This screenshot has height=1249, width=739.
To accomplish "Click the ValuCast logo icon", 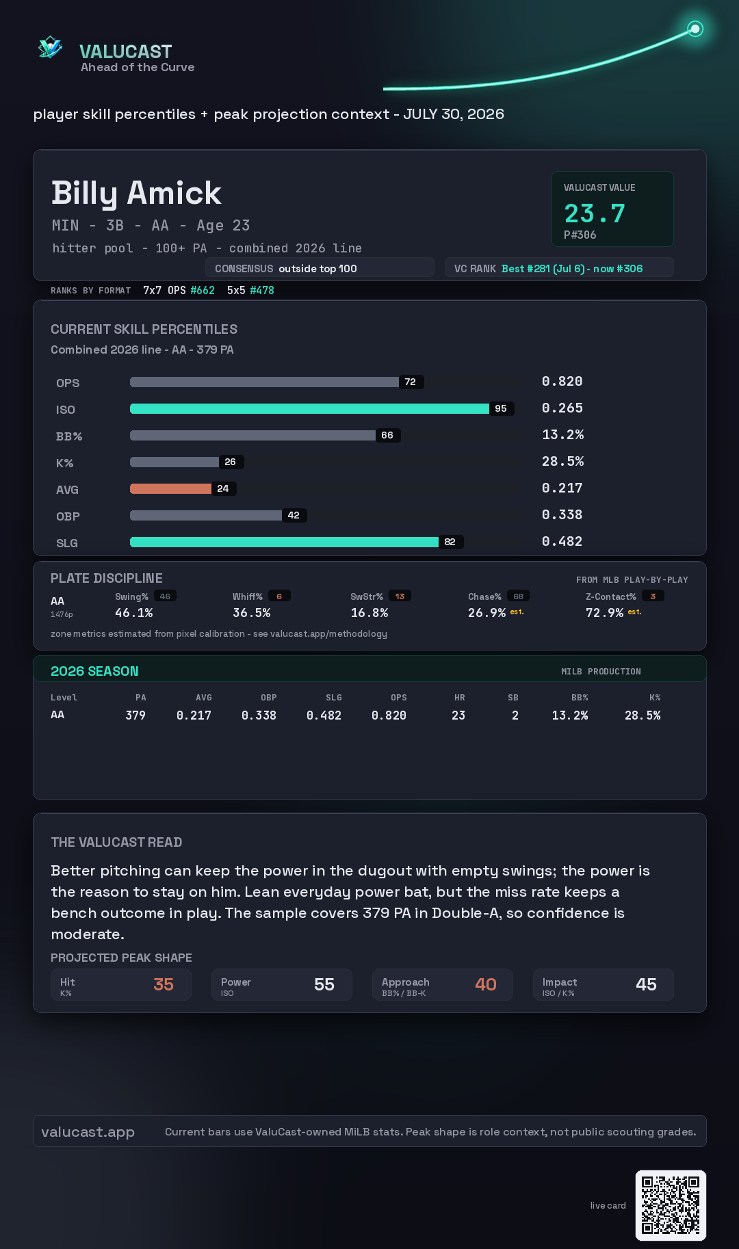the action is (50, 47).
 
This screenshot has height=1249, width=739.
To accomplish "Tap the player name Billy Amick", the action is (136, 193).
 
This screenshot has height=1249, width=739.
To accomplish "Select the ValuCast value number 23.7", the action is (595, 213).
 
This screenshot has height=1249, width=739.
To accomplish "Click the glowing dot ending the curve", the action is (695, 29).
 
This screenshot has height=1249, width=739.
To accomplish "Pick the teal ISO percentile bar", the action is (309, 408).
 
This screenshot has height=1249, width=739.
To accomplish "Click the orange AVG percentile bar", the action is (170, 488).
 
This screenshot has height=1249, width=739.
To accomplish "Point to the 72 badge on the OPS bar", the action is (411, 382).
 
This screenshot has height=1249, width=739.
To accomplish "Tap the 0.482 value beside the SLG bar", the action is (562, 541).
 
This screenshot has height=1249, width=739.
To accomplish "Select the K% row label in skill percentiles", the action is (64, 463).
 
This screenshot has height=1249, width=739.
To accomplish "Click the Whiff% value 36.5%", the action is (251, 613).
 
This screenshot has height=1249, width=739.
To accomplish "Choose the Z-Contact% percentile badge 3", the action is (653, 596).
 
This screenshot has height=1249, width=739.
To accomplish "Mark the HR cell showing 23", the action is (458, 715).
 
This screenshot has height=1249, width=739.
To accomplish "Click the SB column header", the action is (513, 698).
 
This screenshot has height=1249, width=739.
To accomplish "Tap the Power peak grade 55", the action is (324, 984).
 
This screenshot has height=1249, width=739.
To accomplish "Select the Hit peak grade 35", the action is (164, 984).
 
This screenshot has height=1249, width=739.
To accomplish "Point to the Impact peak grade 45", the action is (646, 984).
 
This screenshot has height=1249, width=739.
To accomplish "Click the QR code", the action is (671, 1205).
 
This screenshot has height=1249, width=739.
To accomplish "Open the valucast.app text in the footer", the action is (88, 1132).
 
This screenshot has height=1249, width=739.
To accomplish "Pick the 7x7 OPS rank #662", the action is (203, 290).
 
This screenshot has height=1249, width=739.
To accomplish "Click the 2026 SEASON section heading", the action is (94, 671).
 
